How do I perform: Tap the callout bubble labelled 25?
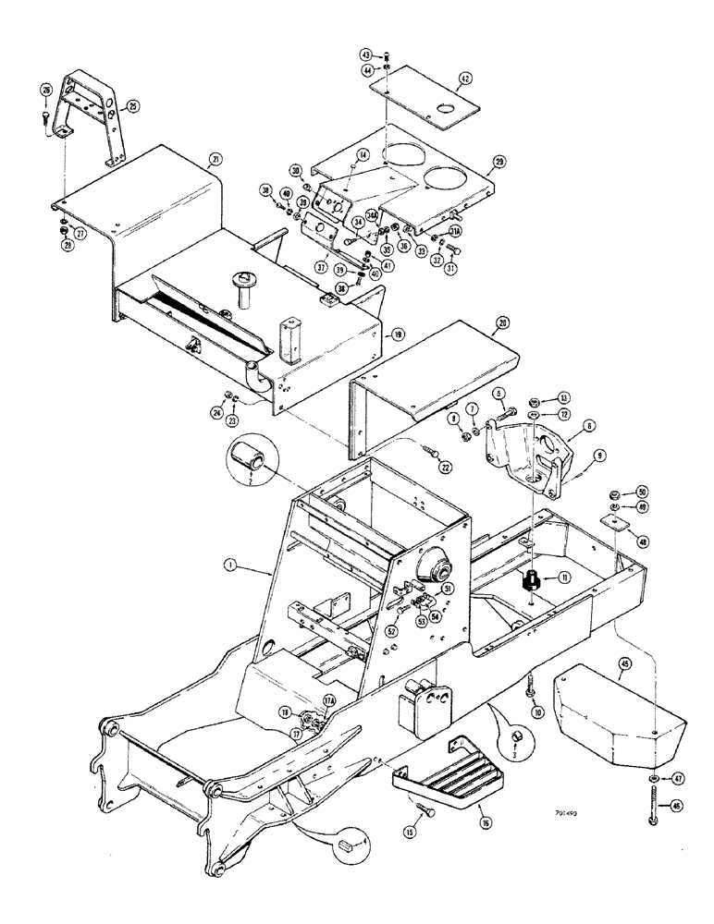click(x=132, y=107)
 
